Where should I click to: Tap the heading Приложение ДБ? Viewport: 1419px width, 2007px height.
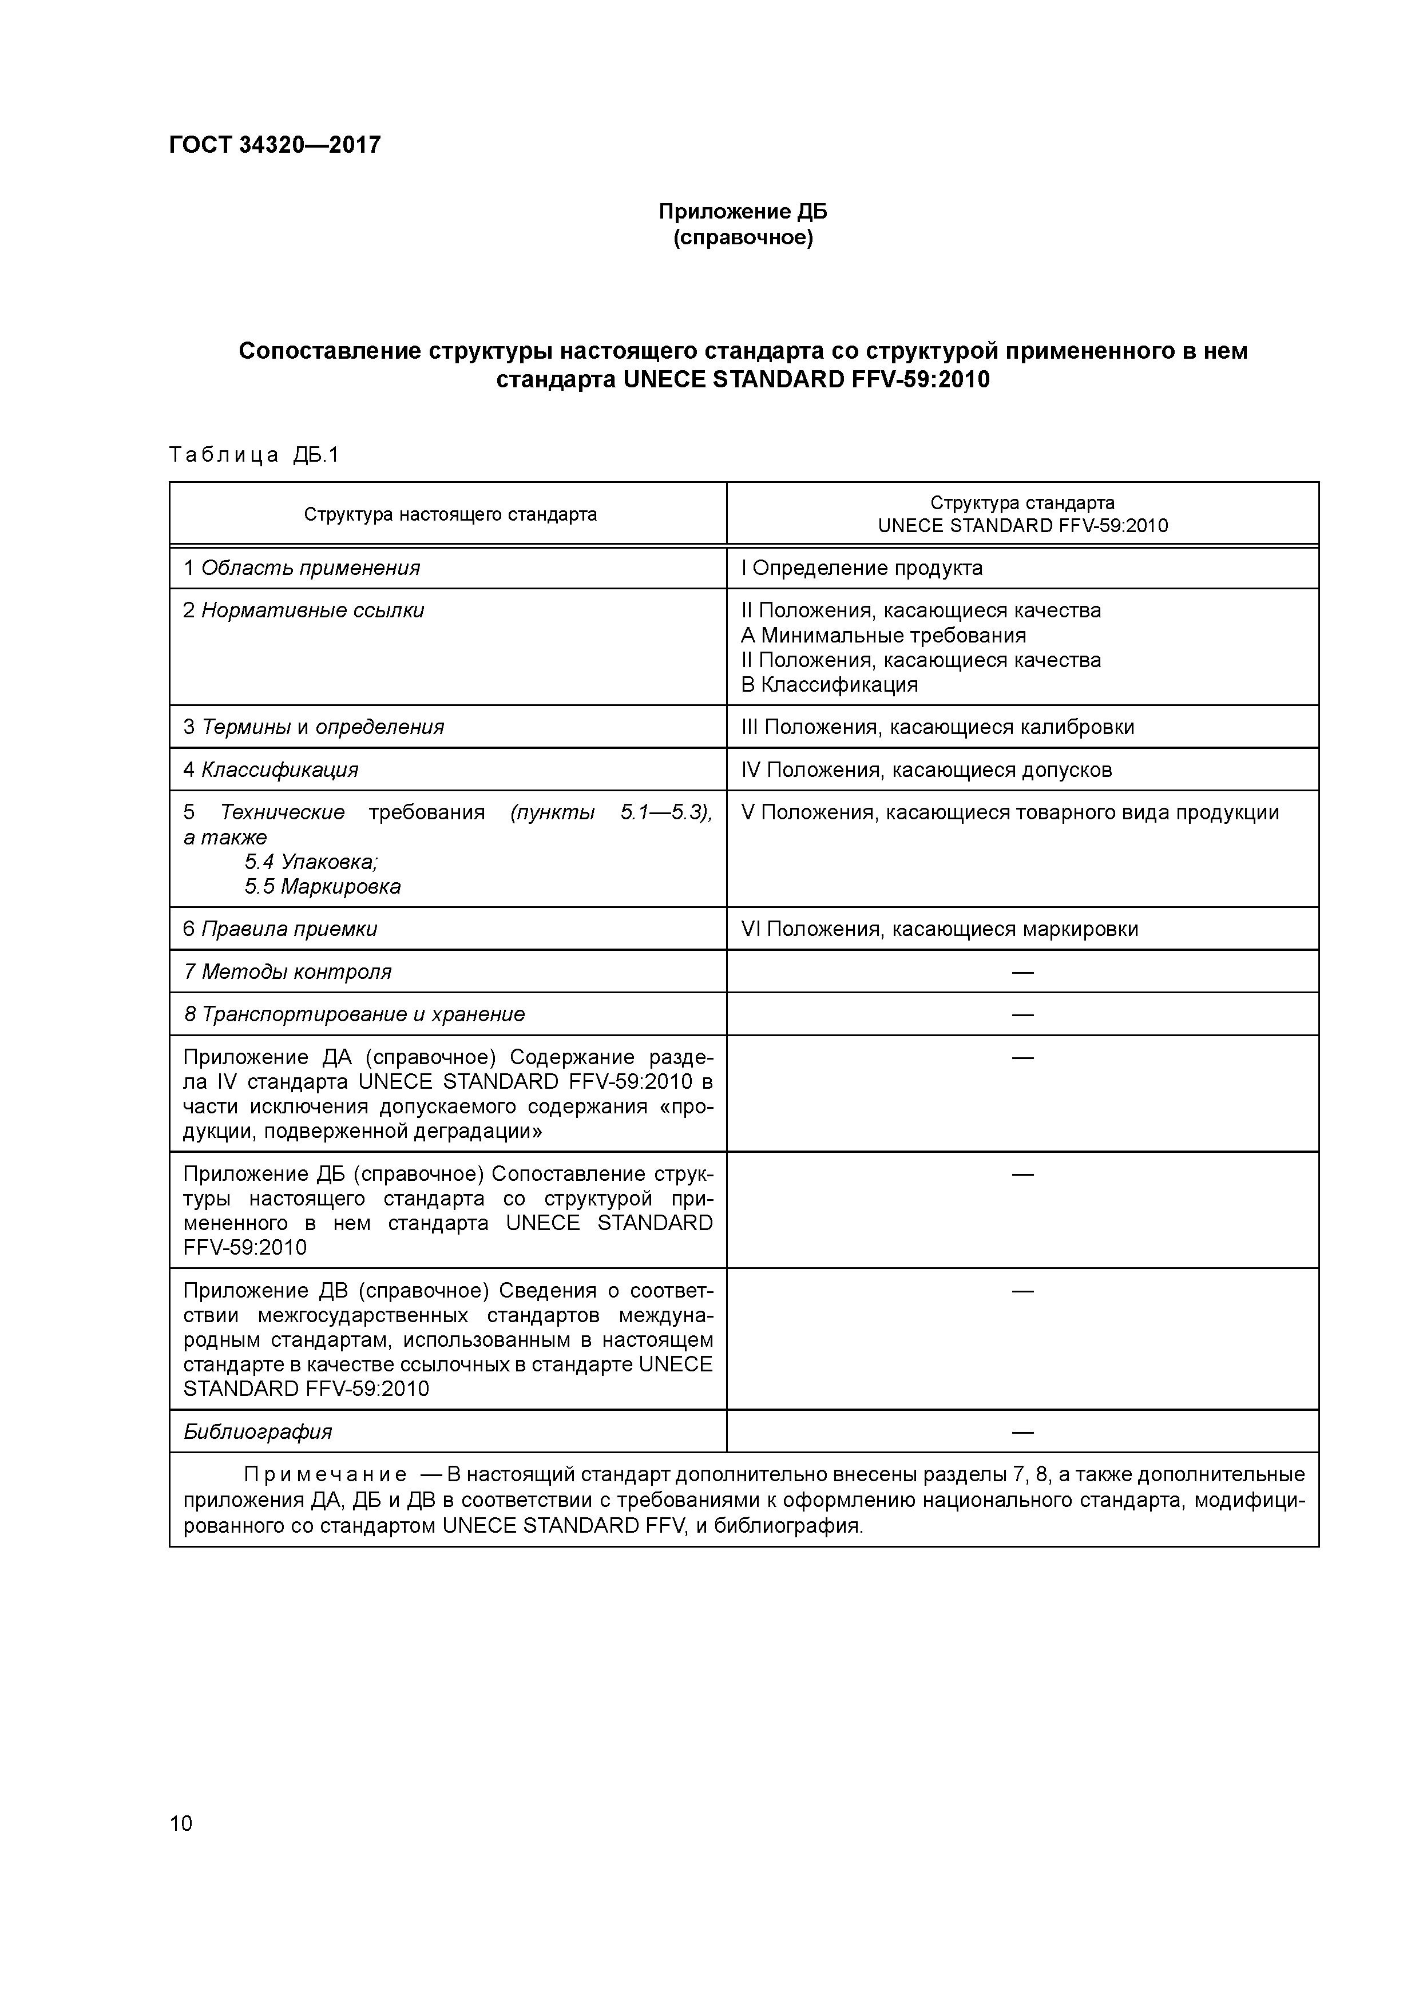[742, 212]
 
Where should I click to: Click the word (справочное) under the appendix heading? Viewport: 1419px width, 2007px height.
[742, 238]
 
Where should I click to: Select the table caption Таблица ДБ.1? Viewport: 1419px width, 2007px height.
[253, 454]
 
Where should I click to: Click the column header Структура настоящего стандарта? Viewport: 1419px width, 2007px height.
[450, 514]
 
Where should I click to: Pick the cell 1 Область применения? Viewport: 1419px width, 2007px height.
[302, 568]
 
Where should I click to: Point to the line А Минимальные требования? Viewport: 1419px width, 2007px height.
[883, 636]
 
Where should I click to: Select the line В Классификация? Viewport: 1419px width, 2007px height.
[829, 684]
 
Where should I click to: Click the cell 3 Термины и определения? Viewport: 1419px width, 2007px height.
[313, 727]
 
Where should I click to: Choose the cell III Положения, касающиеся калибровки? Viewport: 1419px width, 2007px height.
[937, 727]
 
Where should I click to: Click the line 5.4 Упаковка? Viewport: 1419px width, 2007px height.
[311, 862]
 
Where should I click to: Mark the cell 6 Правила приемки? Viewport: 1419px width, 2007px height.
[280, 929]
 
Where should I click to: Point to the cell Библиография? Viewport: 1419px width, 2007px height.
[258, 1432]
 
